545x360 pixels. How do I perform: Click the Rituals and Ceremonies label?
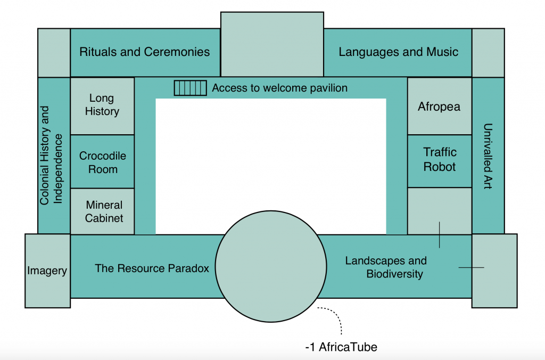tap(144, 52)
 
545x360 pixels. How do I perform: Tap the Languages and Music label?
tap(398, 52)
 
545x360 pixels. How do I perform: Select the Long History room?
tap(102, 105)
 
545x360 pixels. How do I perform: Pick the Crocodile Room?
tap(102, 162)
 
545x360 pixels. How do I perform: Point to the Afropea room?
tap(439, 106)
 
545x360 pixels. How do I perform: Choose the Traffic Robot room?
tap(439, 160)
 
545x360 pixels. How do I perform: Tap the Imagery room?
tap(47, 271)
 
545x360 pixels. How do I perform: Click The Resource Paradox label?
tap(152, 268)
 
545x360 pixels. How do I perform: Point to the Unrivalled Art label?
tap(488, 156)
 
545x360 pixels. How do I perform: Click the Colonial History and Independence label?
tap(52, 155)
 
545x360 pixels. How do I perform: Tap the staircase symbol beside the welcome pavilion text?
tap(190, 88)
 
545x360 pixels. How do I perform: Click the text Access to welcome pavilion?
tap(279, 88)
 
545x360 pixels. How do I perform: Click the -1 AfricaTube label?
tap(341, 347)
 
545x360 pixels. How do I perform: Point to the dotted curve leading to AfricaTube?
tap(336, 316)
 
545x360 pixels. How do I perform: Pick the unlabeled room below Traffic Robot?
tap(439, 210)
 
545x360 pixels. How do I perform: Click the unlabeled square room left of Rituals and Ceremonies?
tap(54, 53)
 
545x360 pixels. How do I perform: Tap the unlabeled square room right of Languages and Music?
tap(488, 53)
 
